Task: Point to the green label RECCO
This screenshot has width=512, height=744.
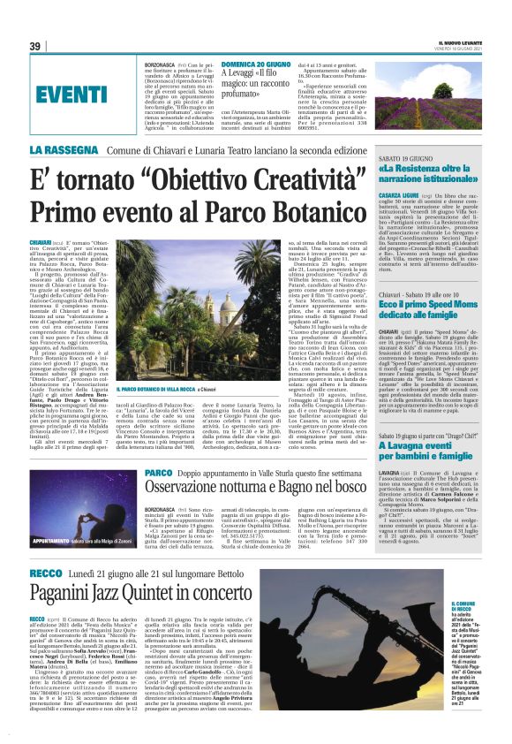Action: tap(70, 574)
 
